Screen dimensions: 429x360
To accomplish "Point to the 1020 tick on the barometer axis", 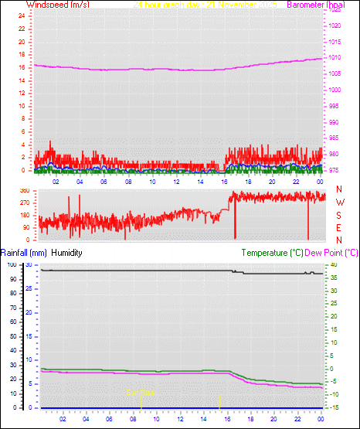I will (x=334, y=26).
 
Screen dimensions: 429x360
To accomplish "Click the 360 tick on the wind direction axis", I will (x=23, y=189).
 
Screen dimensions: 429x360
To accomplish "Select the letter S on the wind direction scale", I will (x=340, y=214).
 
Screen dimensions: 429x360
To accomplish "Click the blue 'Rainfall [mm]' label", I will (x=24, y=253).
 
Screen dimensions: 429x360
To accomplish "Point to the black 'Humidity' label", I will (x=67, y=253).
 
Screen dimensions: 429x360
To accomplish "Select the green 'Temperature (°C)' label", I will (x=272, y=253).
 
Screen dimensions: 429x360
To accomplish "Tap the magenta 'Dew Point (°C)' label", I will (x=331, y=253).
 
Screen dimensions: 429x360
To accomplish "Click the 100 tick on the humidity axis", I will (x=11, y=265).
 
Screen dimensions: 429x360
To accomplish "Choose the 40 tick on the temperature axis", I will (x=332, y=265).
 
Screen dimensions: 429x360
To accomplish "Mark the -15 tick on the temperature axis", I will (x=332, y=407).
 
